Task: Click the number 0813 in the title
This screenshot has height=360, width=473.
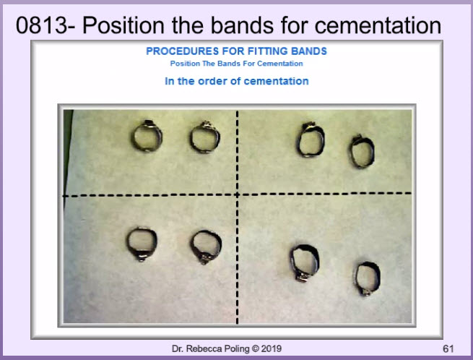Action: coord(42,25)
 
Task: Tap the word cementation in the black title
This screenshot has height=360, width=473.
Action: coord(378,25)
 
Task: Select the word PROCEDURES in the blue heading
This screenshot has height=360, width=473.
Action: coord(183,51)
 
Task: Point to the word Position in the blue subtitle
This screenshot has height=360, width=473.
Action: coord(185,64)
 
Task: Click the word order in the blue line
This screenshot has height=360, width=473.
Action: coord(212,81)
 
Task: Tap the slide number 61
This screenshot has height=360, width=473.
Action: coord(448,349)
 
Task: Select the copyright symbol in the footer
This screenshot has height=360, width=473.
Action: coord(256,349)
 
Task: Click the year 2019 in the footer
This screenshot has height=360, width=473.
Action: coord(272,349)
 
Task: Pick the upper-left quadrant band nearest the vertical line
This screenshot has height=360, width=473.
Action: coord(191,138)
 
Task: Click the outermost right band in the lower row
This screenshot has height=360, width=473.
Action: coord(357,278)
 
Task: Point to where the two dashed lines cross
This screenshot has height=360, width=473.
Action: coord(237,194)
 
